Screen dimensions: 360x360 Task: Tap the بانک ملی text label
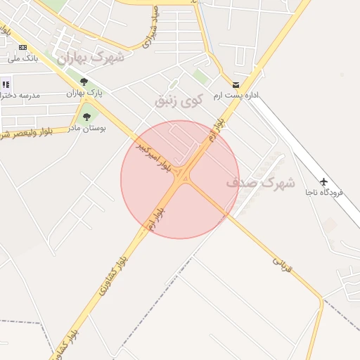point(22,58)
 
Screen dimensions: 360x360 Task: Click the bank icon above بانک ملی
point(22,47)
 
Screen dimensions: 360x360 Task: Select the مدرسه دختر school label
point(20,95)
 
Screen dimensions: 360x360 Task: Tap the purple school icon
point(6,84)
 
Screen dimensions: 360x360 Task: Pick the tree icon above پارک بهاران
point(84,82)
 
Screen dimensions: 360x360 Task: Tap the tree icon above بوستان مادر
point(86,117)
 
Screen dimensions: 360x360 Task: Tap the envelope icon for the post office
point(236,84)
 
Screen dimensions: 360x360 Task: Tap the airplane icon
point(323,181)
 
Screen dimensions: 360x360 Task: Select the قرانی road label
point(281,264)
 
